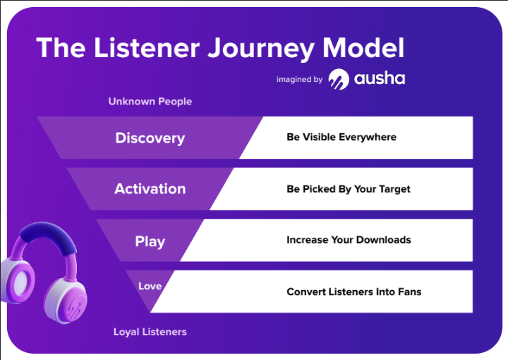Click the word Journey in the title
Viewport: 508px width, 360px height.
pyautogui.click(x=261, y=49)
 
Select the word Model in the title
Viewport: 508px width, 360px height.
pyautogui.click(x=363, y=47)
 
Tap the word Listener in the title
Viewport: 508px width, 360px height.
pyautogui.click(x=147, y=47)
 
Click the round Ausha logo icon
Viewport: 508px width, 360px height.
pyautogui.click(x=339, y=79)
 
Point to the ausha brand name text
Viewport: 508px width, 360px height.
pyautogui.click(x=380, y=78)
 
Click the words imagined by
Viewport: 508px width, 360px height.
pyautogui.click(x=299, y=79)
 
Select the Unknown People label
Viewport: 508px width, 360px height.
pyautogui.click(x=150, y=102)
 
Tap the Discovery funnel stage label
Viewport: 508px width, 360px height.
pyautogui.click(x=150, y=138)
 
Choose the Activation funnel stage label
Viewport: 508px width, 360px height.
pyautogui.click(x=150, y=188)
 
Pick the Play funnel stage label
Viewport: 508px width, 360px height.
pyautogui.click(x=150, y=241)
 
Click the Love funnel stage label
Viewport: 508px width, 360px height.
pyautogui.click(x=150, y=286)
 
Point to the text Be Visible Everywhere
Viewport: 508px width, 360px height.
pyautogui.click(x=341, y=137)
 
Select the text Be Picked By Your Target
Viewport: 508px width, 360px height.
pyautogui.click(x=349, y=189)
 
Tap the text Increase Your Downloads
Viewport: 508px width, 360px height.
pyautogui.click(x=349, y=240)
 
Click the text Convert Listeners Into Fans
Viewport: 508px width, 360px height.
pyautogui.click(x=353, y=292)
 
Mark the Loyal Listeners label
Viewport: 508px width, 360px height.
pyautogui.click(x=150, y=332)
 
